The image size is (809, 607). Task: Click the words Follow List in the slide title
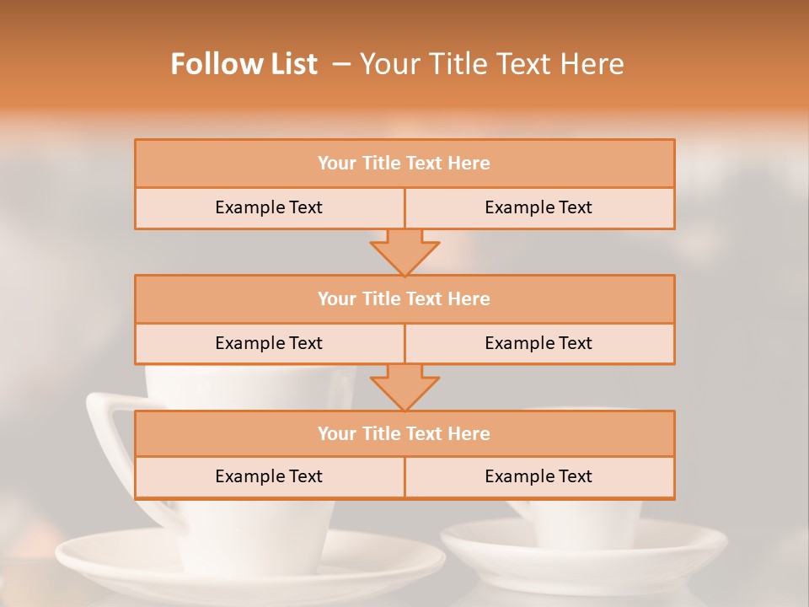click(244, 64)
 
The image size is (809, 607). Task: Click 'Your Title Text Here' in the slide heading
click(491, 64)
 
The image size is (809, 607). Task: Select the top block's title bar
click(404, 164)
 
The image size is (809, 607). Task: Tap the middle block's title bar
click(404, 299)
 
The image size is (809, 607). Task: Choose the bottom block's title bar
click(404, 434)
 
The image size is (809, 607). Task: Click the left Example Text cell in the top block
click(269, 208)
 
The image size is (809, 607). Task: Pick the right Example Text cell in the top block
click(538, 208)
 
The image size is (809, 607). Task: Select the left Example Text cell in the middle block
click(269, 344)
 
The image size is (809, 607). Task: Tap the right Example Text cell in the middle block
click(538, 344)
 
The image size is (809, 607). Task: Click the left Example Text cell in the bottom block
click(269, 477)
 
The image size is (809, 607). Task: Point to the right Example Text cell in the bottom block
click(538, 477)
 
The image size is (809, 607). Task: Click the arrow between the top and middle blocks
click(404, 252)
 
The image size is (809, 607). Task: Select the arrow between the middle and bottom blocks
click(404, 388)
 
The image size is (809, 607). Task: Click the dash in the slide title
click(341, 64)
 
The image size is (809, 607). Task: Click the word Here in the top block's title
click(469, 164)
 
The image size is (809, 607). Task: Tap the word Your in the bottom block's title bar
click(337, 434)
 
